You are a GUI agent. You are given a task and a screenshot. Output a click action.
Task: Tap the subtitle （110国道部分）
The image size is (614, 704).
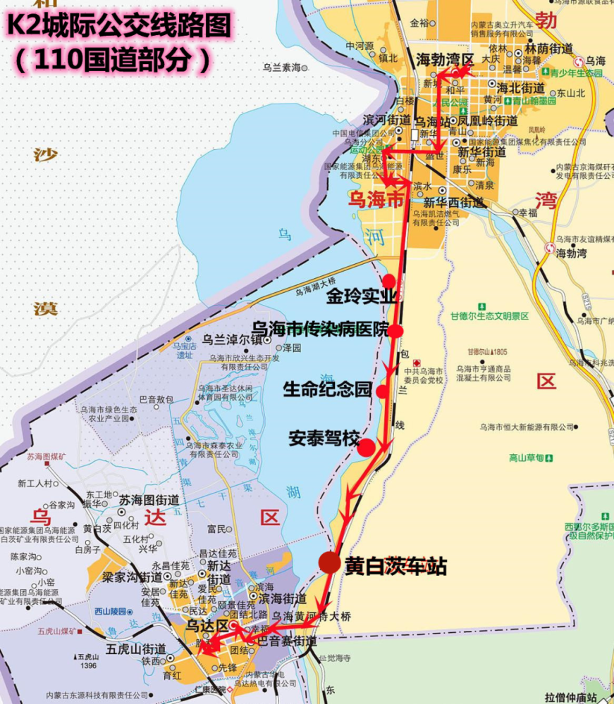tap(111, 60)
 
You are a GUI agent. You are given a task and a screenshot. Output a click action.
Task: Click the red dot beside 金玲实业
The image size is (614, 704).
tap(389, 282)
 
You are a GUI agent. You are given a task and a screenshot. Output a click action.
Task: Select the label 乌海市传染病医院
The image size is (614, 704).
tap(319, 329)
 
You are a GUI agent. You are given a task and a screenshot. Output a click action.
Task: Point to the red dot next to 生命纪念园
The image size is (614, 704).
tap(382, 391)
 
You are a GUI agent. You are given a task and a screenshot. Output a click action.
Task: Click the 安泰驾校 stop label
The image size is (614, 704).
tap(324, 439)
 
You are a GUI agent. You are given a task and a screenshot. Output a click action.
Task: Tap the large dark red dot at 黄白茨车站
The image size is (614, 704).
tap(329, 562)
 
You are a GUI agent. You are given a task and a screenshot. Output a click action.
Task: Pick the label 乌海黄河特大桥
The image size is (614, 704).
tap(311, 617)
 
